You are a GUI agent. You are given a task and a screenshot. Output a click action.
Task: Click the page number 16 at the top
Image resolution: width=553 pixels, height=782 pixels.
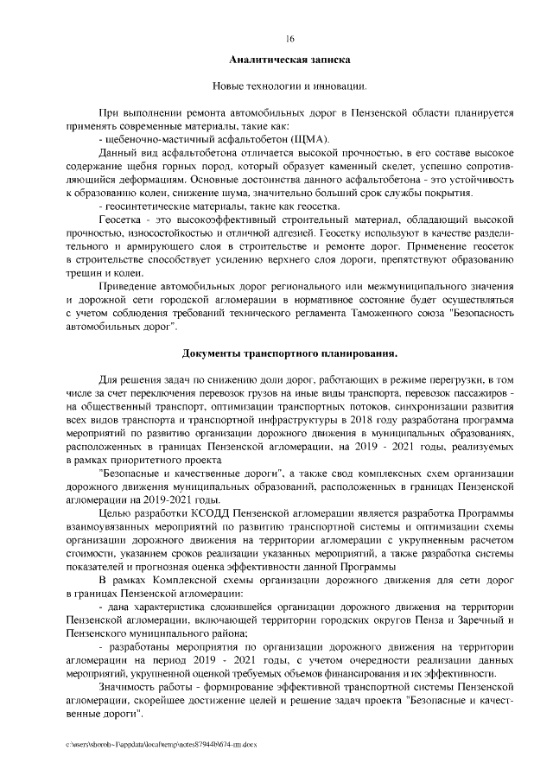(x=289, y=39)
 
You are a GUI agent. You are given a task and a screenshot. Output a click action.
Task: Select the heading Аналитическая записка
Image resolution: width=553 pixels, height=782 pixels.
(x=289, y=61)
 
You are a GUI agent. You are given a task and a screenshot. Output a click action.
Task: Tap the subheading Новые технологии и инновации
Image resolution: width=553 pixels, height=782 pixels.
(x=289, y=87)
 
